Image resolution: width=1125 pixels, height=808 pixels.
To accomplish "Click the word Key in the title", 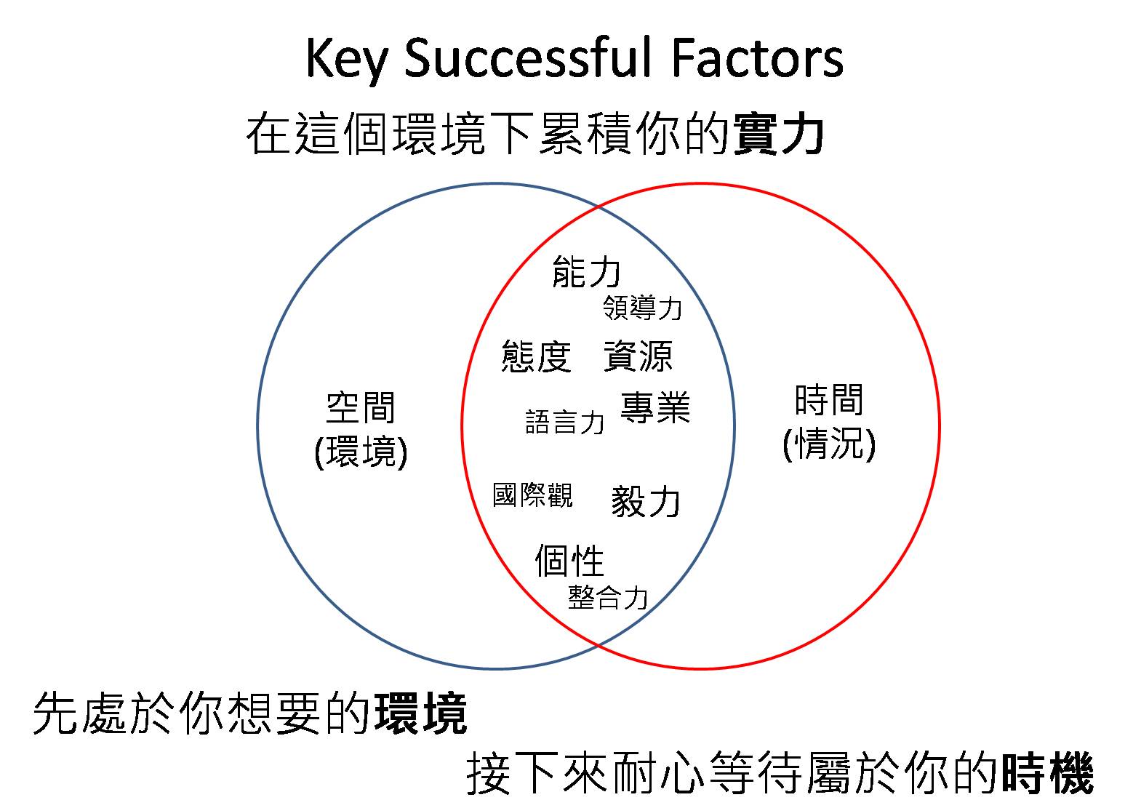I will coord(345,58).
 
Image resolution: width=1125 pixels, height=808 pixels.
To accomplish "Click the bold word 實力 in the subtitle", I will coord(779,135).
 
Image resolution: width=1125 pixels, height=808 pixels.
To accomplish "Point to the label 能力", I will coord(586,271).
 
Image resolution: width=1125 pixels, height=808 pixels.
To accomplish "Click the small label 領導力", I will coord(643,308).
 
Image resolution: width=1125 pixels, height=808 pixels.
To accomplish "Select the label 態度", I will coord(536,356).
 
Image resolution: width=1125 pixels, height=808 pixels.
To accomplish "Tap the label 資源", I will coord(638,356).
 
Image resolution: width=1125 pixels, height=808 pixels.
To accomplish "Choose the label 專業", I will coord(654,407).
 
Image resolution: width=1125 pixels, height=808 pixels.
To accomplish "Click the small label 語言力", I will coord(564,422).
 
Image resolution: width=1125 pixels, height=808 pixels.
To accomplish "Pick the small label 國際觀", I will coord(532,495).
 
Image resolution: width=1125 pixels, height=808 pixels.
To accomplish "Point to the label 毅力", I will coord(646,501).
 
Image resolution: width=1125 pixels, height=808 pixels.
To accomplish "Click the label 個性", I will coord(569,561).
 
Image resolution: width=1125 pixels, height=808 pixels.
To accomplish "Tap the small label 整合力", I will coord(607,598).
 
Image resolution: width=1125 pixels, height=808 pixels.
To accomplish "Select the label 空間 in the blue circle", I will coord(361,407).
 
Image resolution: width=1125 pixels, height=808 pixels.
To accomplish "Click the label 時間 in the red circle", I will coord(829,400).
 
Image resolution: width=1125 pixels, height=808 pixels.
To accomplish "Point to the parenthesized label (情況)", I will coord(829,444).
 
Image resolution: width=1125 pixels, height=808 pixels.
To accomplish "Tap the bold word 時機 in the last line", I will coord(1047,775).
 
